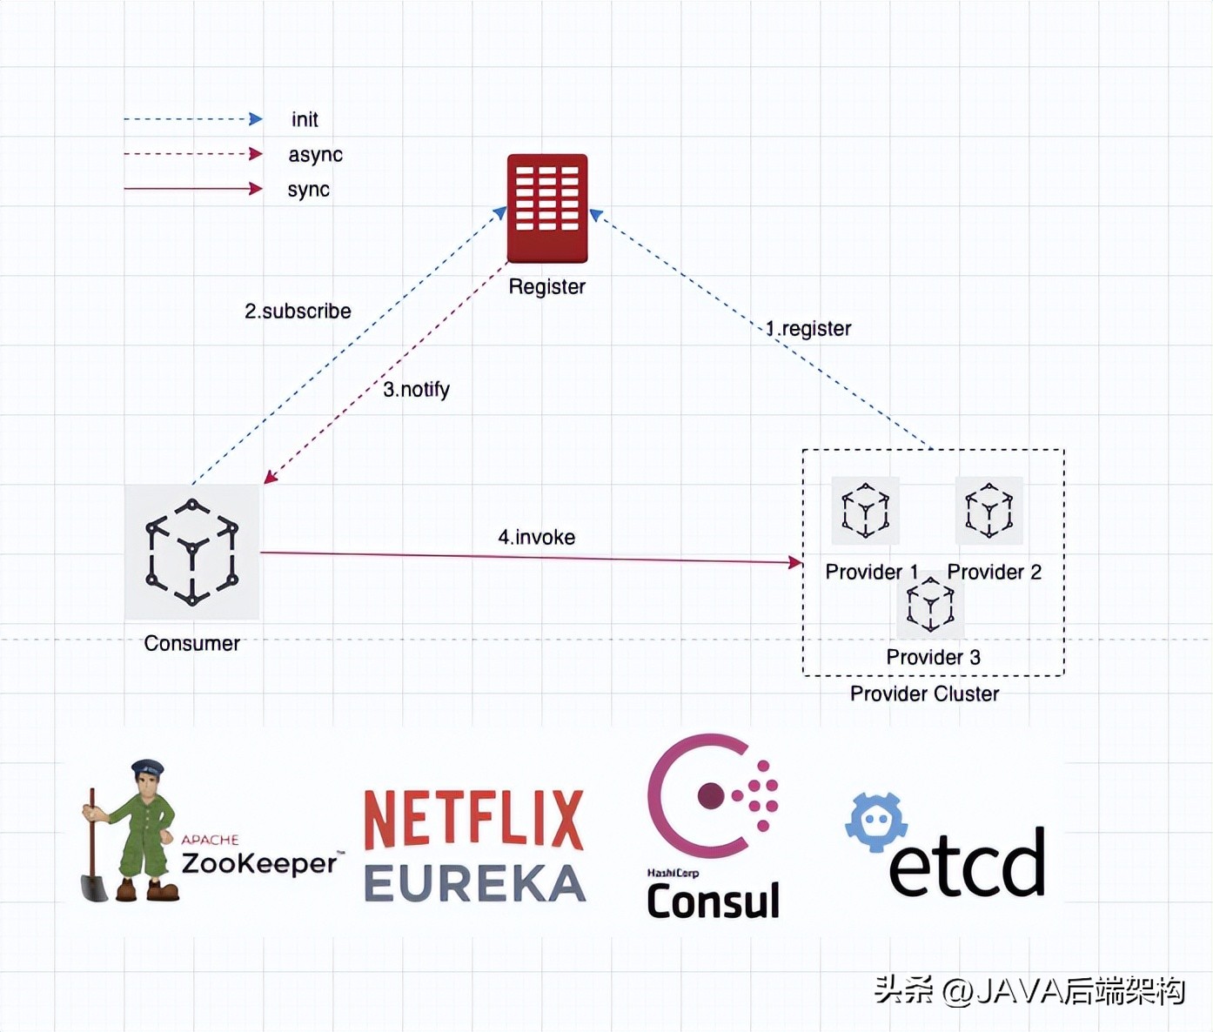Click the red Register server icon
point(547,208)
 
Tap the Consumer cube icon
point(191,552)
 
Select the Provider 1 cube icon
point(865,510)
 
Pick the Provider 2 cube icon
point(989,510)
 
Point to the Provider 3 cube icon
point(930,605)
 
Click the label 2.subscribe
point(298,312)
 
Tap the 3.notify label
point(416,389)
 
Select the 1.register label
point(808,329)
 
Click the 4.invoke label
point(536,537)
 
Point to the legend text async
point(315,155)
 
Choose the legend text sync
point(308,190)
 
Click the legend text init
point(305,119)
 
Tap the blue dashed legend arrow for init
point(192,119)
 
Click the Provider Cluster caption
point(924,694)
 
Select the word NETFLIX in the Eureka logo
point(473,820)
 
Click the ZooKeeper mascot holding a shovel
point(132,830)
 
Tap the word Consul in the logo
point(713,901)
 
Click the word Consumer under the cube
point(191,643)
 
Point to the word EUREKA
point(474,883)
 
